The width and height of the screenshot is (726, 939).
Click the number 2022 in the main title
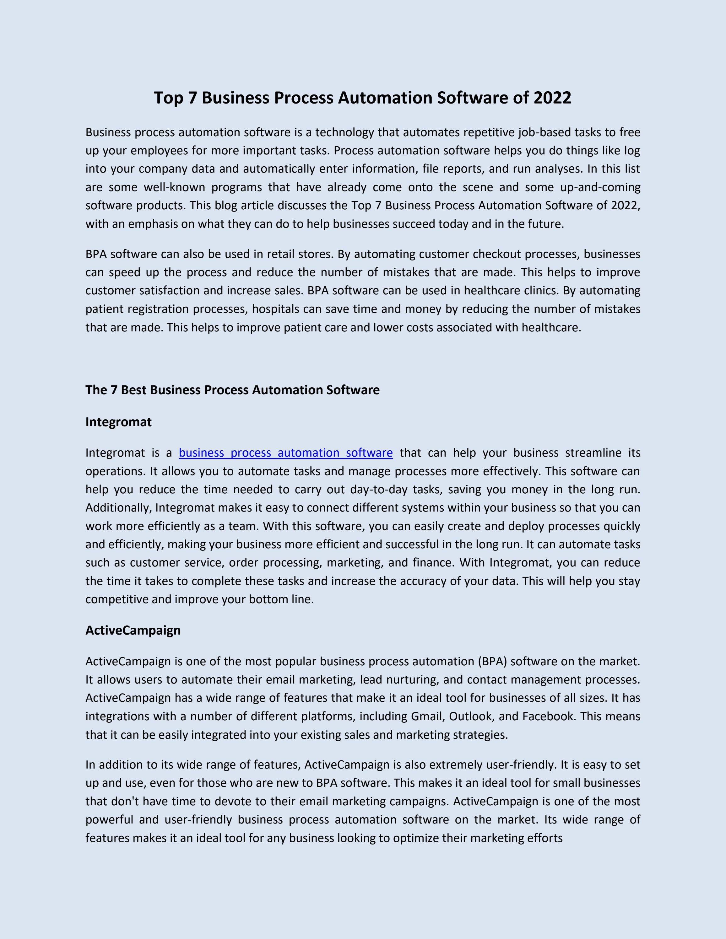point(552,98)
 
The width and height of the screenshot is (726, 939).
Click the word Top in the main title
point(169,98)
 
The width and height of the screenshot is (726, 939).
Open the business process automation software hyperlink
point(285,453)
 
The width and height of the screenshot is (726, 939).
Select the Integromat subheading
point(118,422)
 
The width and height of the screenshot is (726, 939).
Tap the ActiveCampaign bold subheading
point(133,630)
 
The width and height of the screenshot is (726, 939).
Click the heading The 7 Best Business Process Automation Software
point(232,390)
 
